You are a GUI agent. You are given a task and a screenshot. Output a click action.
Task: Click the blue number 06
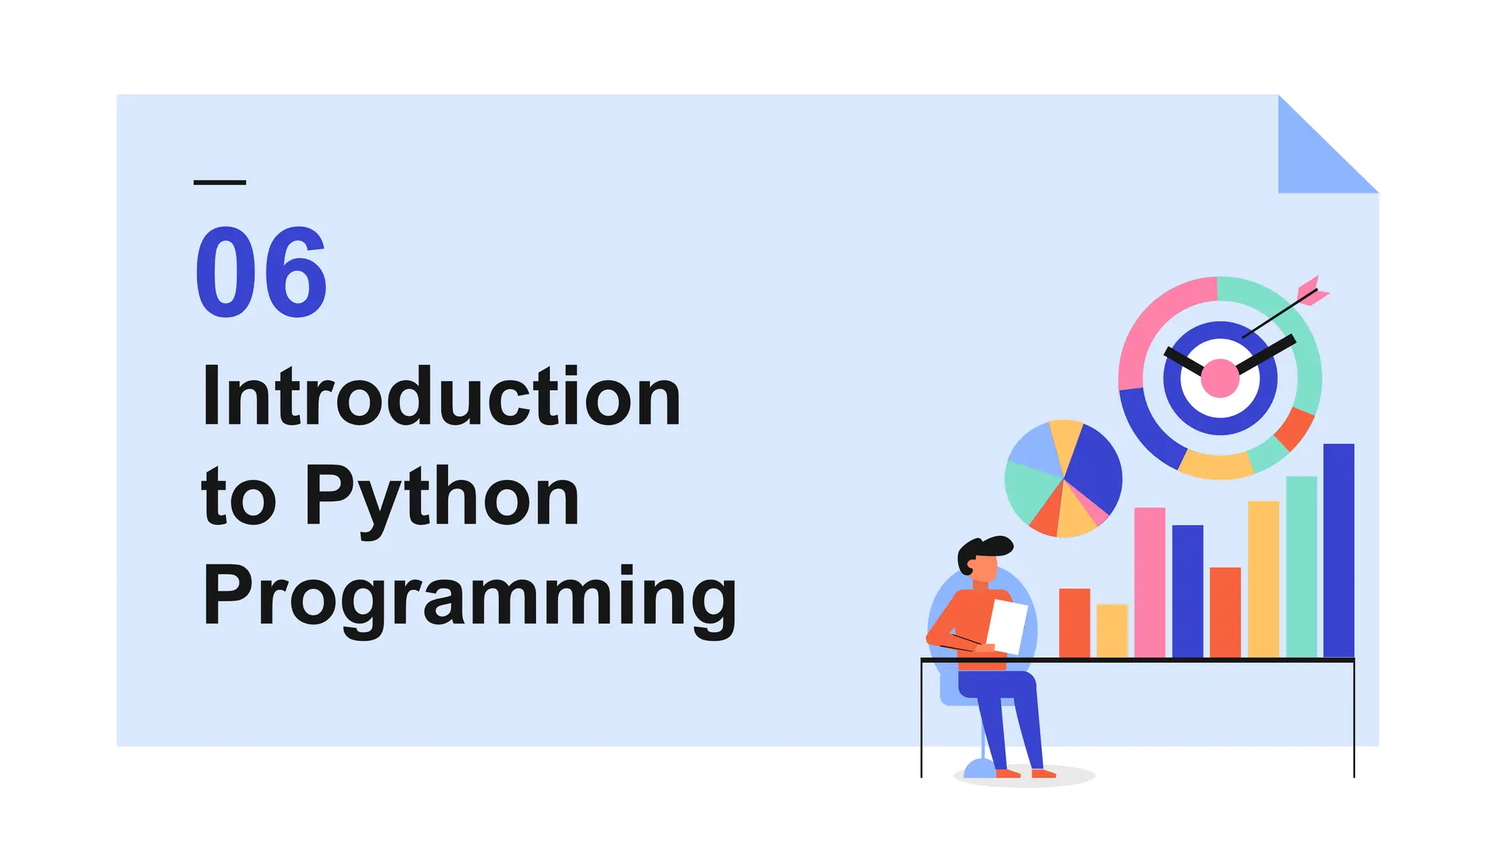click(x=260, y=272)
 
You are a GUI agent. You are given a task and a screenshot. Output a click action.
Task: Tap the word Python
click(x=441, y=498)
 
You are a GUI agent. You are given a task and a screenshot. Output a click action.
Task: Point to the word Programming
click(x=469, y=597)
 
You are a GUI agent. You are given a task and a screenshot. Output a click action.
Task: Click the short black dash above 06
click(x=219, y=182)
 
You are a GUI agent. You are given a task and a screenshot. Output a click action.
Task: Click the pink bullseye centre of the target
click(x=1220, y=378)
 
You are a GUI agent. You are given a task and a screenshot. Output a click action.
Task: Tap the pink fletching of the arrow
click(x=1312, y=289)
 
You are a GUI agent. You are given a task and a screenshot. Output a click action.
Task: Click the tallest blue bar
click(x=1338, y=550)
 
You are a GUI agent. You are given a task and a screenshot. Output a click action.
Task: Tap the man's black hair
click(x=986, y=548)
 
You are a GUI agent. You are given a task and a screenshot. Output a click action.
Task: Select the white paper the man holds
click(x=1007, y=626)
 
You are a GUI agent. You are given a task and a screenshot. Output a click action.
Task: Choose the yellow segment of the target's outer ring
click(x=1216, y=465)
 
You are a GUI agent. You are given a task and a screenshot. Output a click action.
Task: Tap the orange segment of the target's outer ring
click(x=1295, y=429)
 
